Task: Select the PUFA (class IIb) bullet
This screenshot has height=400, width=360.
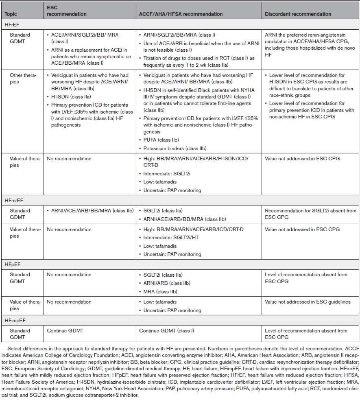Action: point(160,140)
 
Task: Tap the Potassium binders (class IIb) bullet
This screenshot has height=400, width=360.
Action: point(177,149)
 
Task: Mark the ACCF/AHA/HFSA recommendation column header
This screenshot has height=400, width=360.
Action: point(181,14)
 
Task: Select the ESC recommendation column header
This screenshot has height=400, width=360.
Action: point(67,11)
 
